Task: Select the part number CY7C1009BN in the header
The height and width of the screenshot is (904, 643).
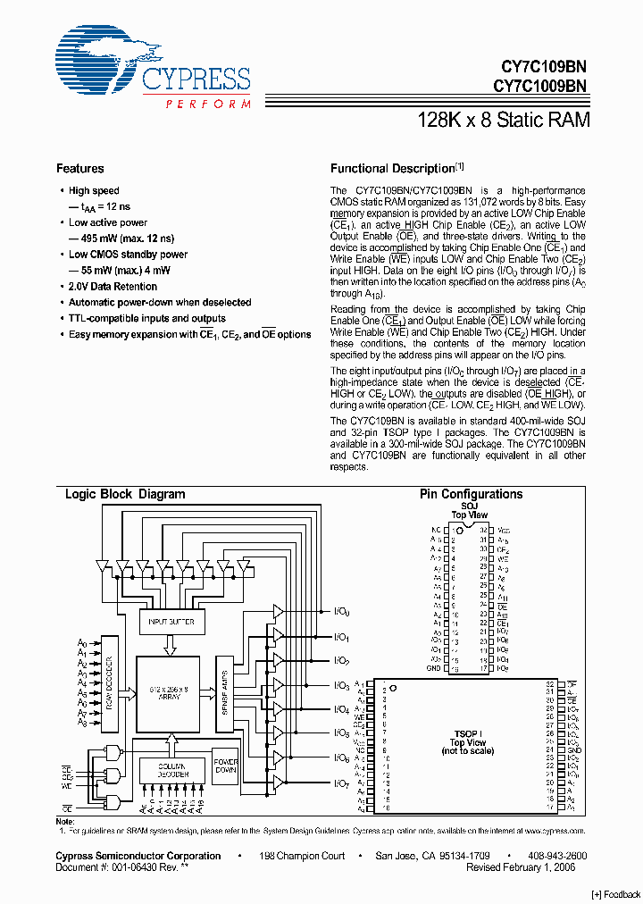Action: [x=539, y=87]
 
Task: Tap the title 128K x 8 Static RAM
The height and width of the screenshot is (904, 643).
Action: [x=504, y=120]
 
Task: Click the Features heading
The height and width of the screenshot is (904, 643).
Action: [x=79, y=169]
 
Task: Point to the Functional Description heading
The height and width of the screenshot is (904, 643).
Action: [x=393, y=169]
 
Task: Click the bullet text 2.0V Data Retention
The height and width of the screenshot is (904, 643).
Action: [x=113, y=287]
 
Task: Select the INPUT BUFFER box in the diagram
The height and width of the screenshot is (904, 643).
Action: [x=171, y=621]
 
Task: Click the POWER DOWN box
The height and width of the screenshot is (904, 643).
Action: [x=225, y=766]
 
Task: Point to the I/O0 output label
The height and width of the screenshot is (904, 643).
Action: [x=342, y=612]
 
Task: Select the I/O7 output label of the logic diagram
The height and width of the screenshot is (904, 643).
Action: [x=342, y=783]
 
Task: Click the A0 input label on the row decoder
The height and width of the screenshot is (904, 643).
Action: [x=82, y=643]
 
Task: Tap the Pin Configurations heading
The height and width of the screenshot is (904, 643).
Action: [x=471, y=494]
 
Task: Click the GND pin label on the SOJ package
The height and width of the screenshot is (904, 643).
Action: [x=433, y=668]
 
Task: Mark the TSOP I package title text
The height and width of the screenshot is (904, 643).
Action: [x=467, y=733]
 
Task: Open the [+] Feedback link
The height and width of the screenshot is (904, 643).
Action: [x=616, y=894]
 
